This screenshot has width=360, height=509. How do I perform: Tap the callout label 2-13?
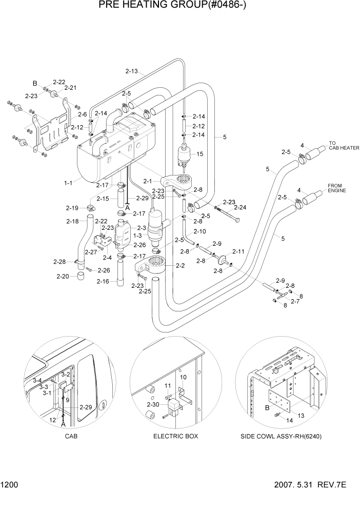(x=131, y=71)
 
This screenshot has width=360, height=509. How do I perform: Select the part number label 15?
(x=200, y=154)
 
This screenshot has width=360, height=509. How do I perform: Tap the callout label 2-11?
(x=238, y=251)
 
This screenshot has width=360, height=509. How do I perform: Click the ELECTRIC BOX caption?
(x=175, y=436)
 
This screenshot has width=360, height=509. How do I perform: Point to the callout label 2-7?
(x=295, y=302)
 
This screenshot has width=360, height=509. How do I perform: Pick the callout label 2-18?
(x=73, y=221)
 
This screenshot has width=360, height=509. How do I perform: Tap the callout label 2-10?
(x=199, y=231)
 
